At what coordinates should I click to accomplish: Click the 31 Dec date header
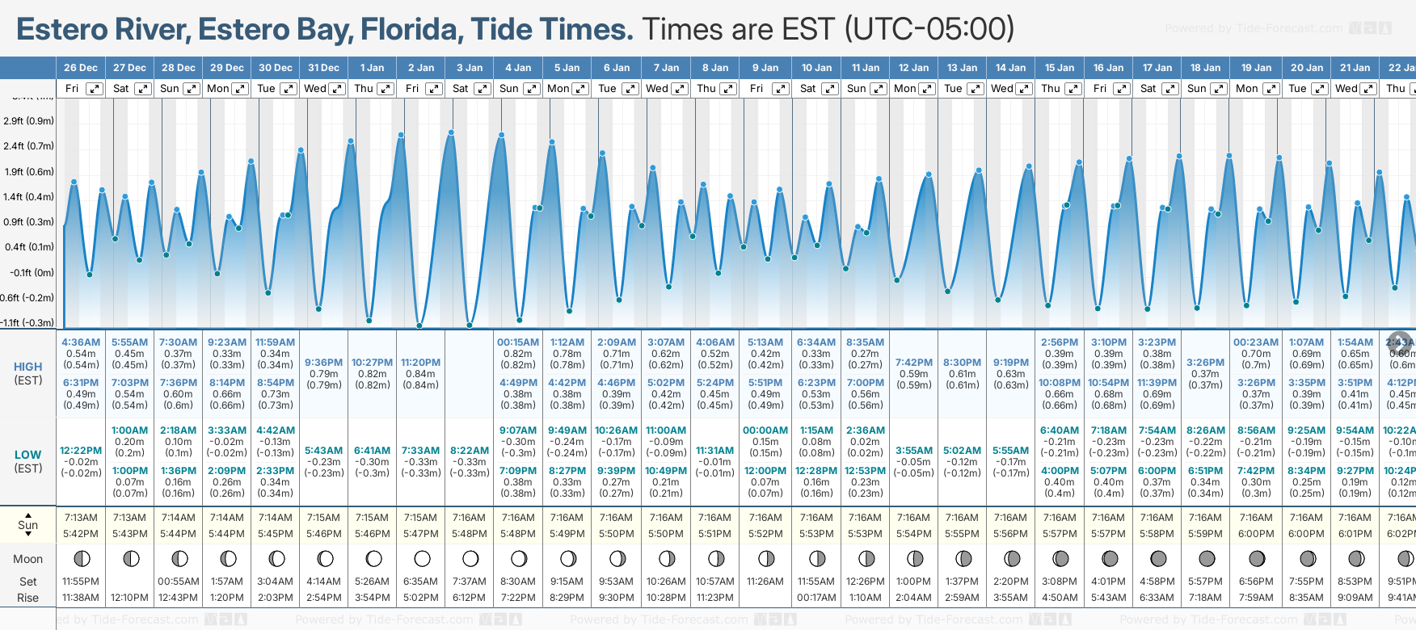click(x=323, y=68)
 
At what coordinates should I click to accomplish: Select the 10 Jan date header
click(x=816, y=68)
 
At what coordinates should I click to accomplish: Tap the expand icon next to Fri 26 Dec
click(x=95, y=89)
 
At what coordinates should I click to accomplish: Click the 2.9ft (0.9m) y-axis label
click(x=28, y=121)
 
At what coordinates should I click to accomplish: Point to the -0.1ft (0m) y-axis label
click(x=32, y=272)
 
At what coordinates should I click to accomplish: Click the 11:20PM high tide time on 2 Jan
click(x=420, y=363)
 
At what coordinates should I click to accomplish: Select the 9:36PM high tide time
click(x=323, y=363)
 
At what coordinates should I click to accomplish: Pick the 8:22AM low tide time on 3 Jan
click(x=470, y=451)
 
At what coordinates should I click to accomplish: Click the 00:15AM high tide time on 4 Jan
click(x=518, y=342)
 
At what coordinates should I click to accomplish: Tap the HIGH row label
click(x=27, y=367)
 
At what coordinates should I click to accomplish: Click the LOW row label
click(x=27, y=455)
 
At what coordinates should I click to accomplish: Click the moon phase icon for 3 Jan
click(x=470, y=558)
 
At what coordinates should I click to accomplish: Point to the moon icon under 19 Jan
click(x=1257, y=558)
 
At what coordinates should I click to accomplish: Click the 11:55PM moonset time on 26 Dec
click(x=81, y=582)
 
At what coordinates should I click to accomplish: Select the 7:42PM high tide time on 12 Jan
click(x=914, y=363)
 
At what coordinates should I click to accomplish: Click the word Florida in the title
click(x=411, y=30)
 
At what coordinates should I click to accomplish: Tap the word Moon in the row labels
click(x=27, y=559)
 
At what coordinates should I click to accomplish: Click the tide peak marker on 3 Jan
click(x=451, y=132)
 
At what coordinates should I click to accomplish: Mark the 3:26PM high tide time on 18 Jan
click(x=1205, y=363)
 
